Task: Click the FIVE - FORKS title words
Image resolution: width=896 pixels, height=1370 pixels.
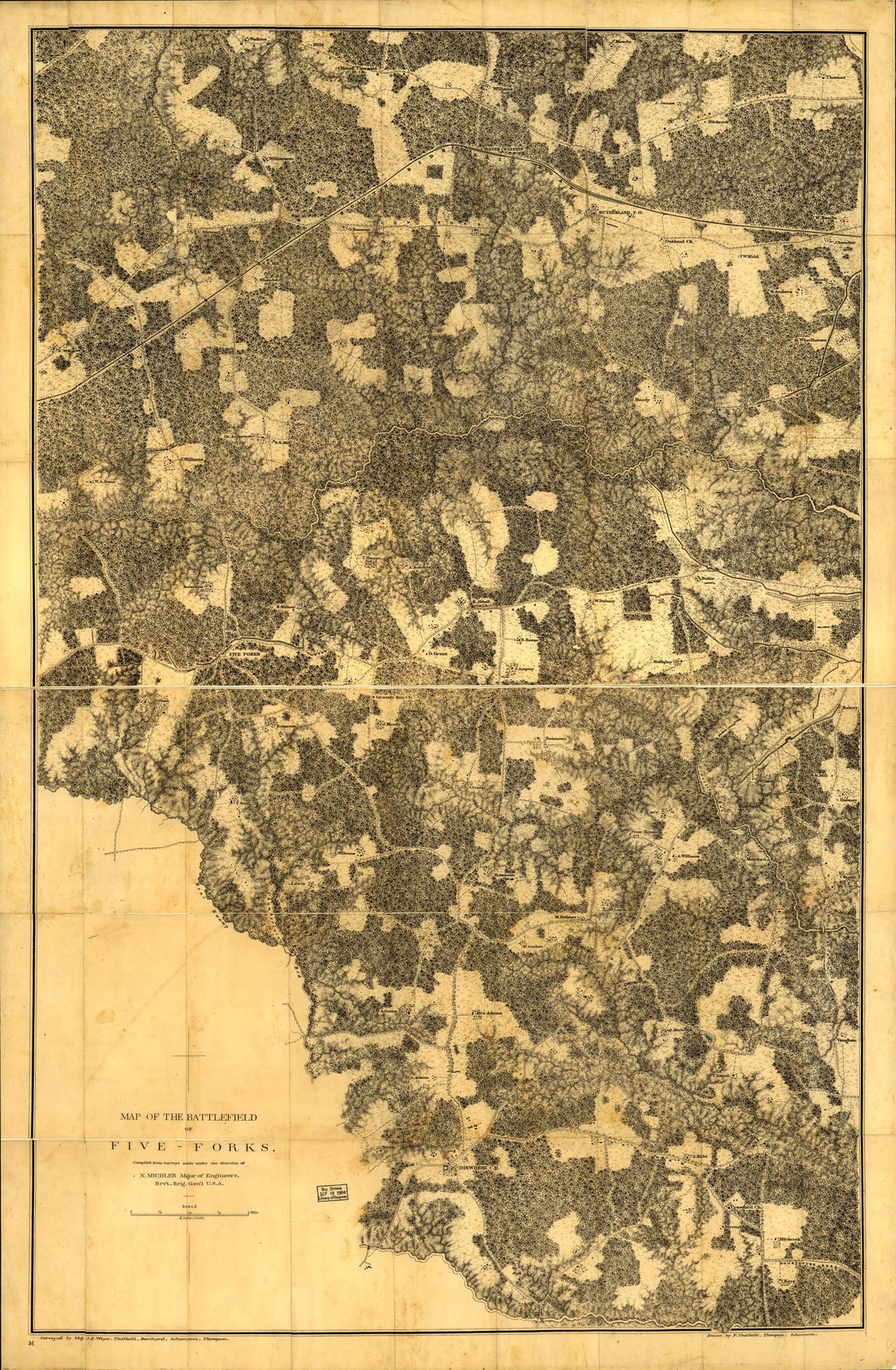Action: pyautogui.click(x=193, y=1147)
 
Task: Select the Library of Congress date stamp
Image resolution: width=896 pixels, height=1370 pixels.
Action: pyautogui.click(x=332, y=1192)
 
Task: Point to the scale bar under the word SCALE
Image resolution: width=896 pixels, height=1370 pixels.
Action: pyautogui.click(x=190, y=1214)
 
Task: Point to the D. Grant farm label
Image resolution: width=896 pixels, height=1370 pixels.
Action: pyautogui.click(x=438, y=653)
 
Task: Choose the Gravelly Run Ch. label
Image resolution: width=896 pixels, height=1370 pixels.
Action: pyautogui.click(x=395, y=697)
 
